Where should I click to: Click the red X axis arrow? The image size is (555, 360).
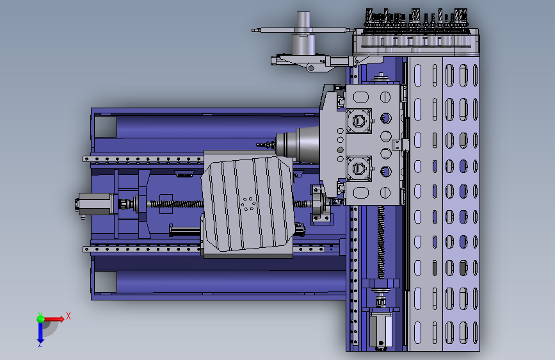point(53,319)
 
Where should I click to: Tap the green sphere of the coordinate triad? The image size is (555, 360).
point(41,319)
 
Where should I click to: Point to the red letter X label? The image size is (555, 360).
point(68,316)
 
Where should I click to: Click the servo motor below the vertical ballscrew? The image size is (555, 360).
point(381,328)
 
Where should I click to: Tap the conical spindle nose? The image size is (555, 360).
point(297,145)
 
